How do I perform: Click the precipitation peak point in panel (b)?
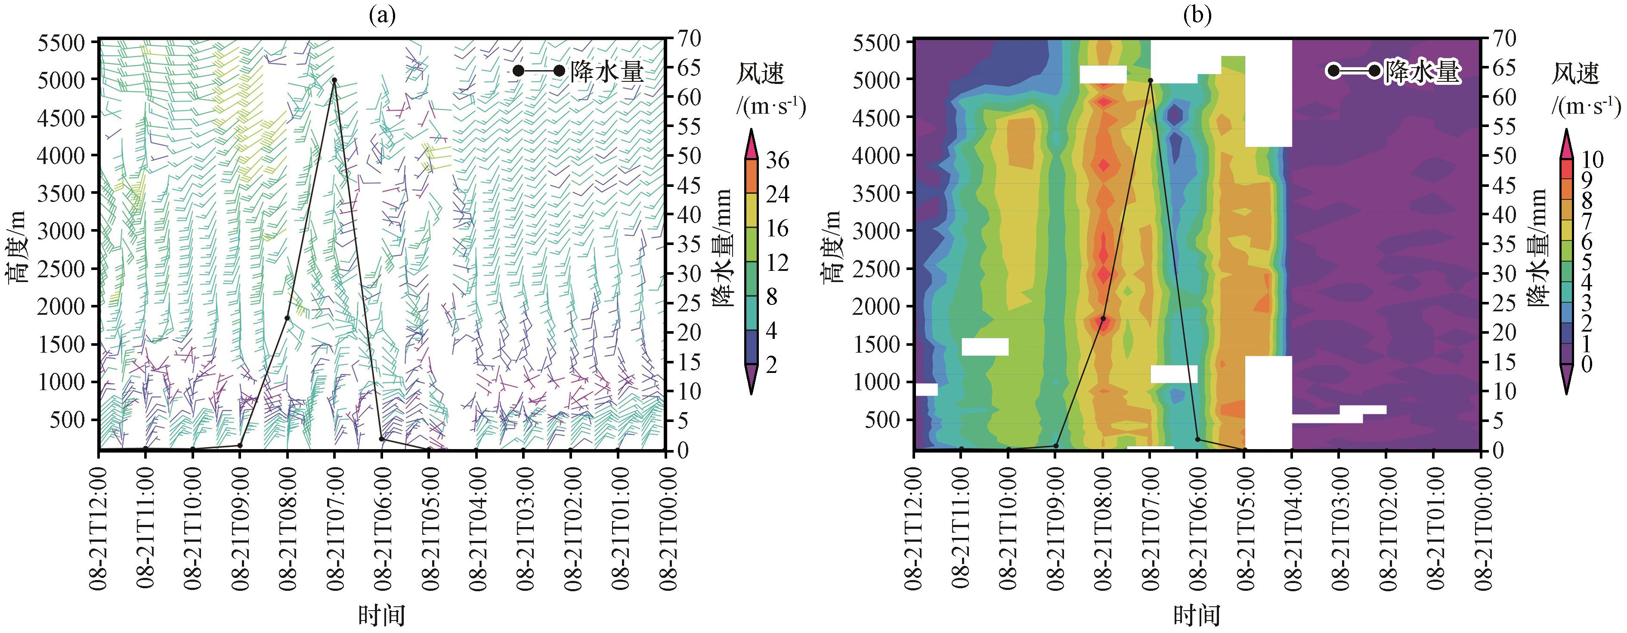[x=1150, y=80]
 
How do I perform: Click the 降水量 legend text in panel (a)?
[x=607, y=71]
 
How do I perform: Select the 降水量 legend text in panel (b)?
[x=1423, y=71]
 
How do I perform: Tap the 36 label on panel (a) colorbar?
[x=777, y=160]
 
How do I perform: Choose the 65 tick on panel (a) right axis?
[x=690, y=68]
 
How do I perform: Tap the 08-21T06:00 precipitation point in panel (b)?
[x=1197, y=439]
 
